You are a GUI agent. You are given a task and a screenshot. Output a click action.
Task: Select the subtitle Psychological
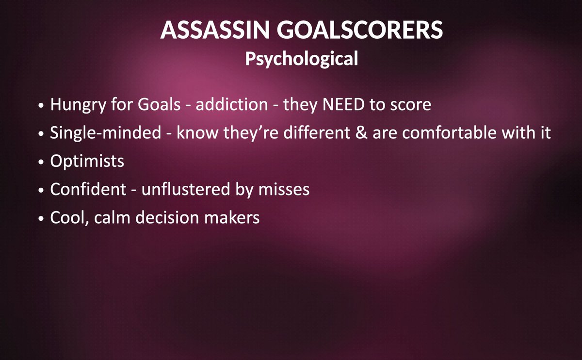(301, 59)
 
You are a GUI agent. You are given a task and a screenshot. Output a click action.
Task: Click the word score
(408, 105)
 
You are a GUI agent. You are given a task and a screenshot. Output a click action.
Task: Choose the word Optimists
(87, 162)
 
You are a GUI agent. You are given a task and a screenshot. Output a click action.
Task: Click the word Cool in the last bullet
(65, 217)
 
